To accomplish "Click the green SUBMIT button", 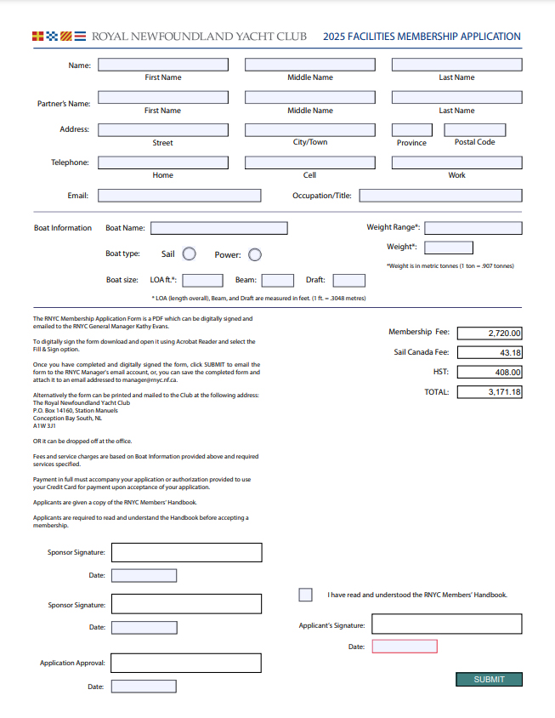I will [x=489, y=679].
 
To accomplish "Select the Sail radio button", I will [x=190, y=254].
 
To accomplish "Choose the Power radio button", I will [x=254, y=254].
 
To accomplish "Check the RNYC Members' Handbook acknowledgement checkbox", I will [x=305, y=595].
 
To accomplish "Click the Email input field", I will [x=179, y=195].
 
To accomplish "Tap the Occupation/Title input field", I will [x=440, y=195].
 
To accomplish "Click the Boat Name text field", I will [x=218, y=228].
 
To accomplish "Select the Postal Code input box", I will [x=475, y=130].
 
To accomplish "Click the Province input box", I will [x=411, y=130].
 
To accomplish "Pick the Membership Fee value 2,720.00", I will [x=490, y=333].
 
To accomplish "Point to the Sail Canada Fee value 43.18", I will [x=490, y=352].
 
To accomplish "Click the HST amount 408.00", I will [x=490, y=372].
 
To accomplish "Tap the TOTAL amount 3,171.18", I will [x=490, y=392].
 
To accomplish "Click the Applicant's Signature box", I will [x=446, y=624].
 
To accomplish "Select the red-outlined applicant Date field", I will [x=405, y=647].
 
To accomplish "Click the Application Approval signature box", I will [x=186, y=663].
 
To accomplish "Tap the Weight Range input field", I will [x=473, y=227].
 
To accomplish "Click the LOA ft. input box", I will [x=203, y=280].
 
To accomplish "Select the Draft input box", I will [x=348, y=280].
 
